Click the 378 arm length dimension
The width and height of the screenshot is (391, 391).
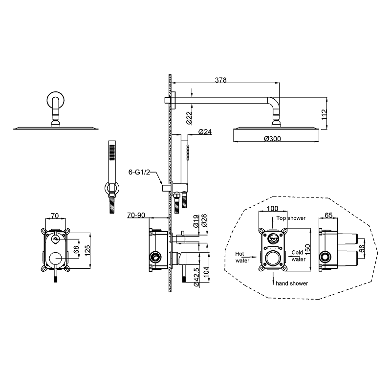click(x=221, y=80)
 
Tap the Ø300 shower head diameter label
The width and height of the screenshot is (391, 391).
click(x=273, y=139)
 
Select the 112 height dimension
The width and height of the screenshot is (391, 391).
click(x=324, y=114)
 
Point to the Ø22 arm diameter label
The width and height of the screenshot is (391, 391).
click(x=189, y=118)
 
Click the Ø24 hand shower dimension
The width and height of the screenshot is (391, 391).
click(x=205, y=131)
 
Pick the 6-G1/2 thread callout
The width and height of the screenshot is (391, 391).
click(x=139, y=172)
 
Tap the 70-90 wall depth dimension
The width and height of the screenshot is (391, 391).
click(x=136, y=215)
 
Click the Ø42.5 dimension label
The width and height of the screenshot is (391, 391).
click(x=196, y=277)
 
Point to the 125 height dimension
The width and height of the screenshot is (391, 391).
click(x=87, y=251)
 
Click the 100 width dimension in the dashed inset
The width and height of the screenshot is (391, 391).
click(x=272, y=208)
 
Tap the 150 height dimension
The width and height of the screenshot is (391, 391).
click(x=308, y=250)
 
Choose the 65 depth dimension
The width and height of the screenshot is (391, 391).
click(x=328, y=215)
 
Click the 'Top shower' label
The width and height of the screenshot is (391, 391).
click(x=291, y=218)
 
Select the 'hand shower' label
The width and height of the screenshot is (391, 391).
click(x=292, y=283)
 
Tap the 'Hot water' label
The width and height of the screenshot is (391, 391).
click(x=242, y=257)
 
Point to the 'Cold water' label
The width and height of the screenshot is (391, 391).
click(x=298, y=256)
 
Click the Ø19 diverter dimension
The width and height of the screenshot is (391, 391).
click(x=196, y=221)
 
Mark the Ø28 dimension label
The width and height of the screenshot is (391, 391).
click(x=204, y=220)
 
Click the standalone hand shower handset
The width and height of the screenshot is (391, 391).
click(x=112, y=176)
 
